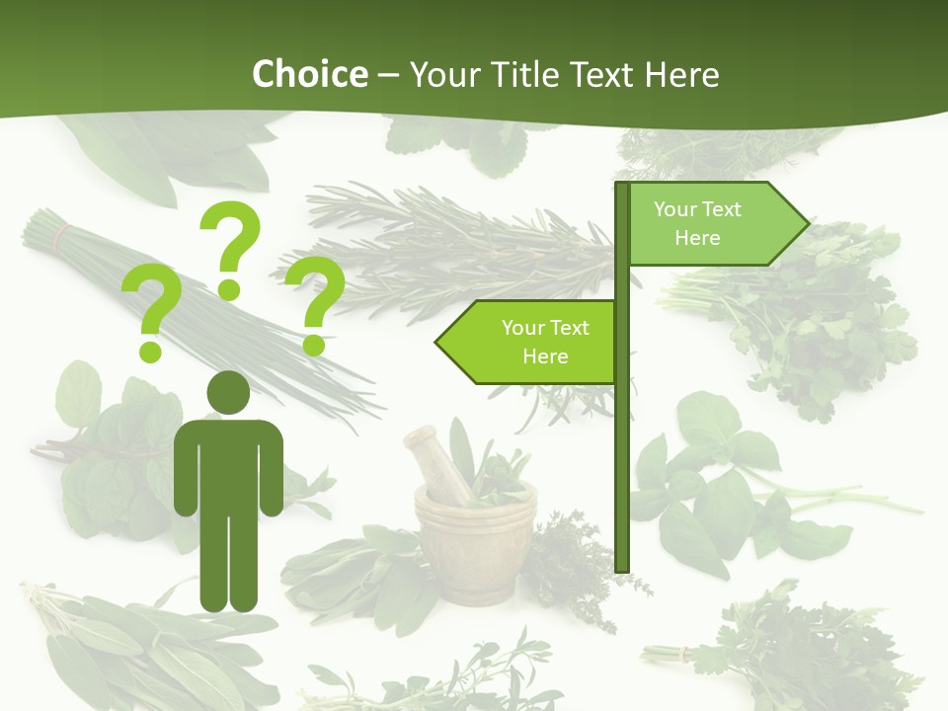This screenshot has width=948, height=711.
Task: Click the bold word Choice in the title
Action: (309, 74)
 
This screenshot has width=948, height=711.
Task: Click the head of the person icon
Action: (228, 393)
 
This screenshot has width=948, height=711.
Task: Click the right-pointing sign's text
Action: (697, 223)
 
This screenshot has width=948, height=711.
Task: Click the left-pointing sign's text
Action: (544, 342)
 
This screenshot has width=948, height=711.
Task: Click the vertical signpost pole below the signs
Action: (622, 474)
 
